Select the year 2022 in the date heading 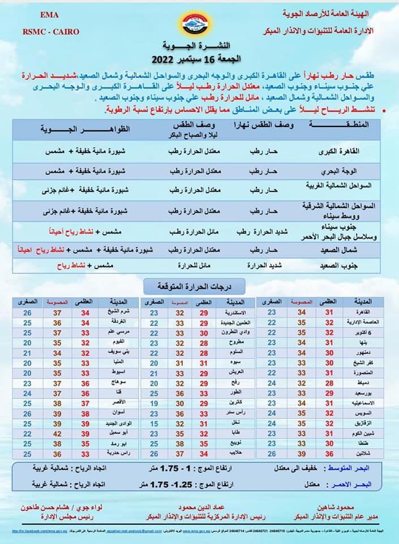pos(165,58)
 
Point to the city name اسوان pos(114,413)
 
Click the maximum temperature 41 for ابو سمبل pos(85,433)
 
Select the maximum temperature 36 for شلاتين pos(329,453)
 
